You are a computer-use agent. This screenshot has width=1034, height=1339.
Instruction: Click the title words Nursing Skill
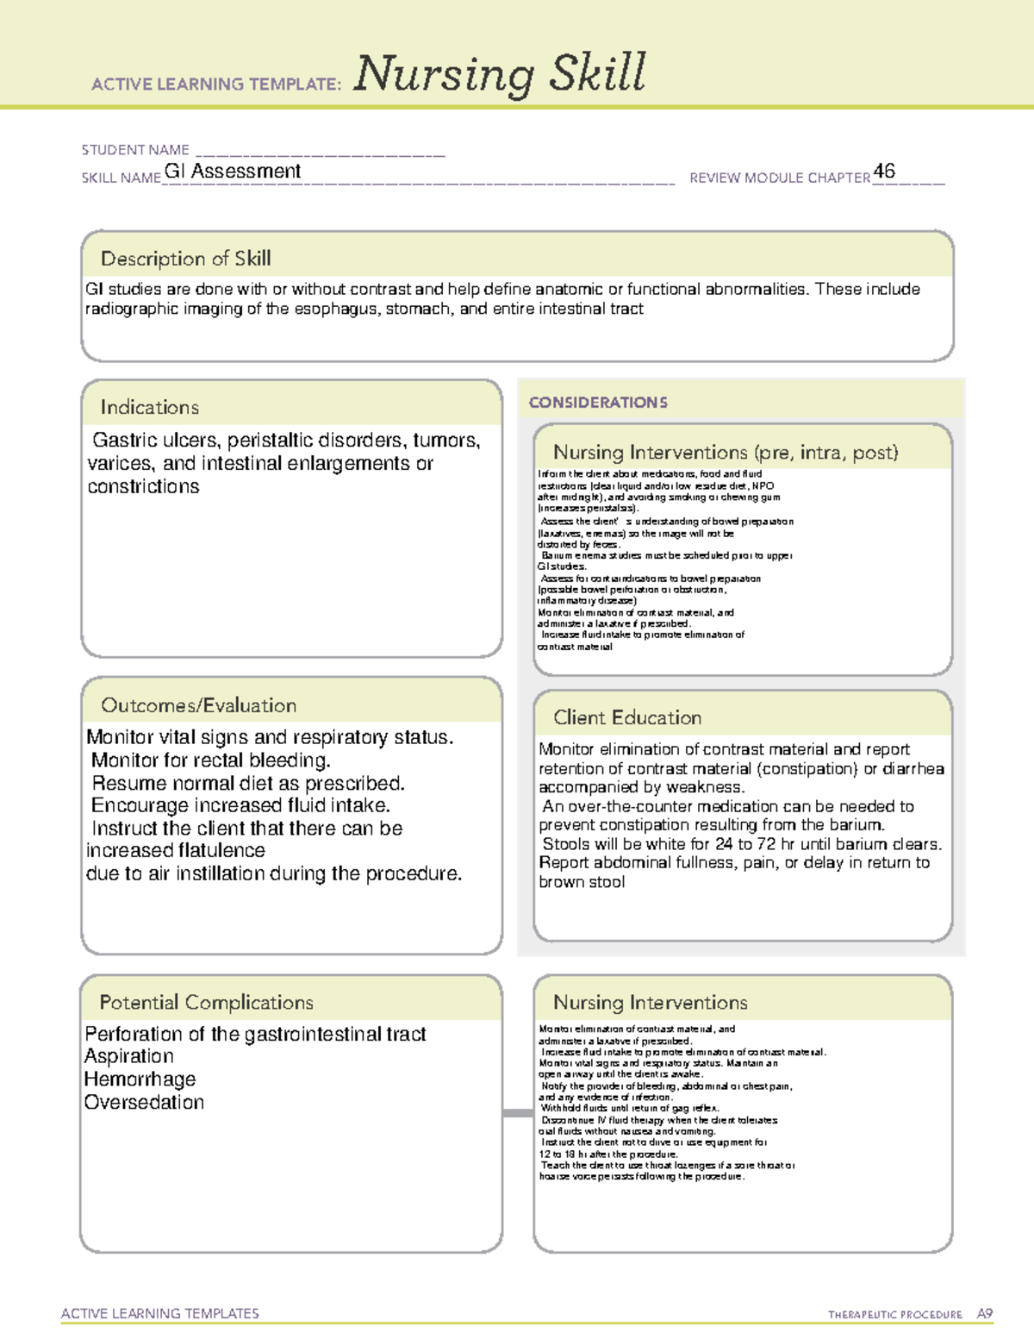point(500,74)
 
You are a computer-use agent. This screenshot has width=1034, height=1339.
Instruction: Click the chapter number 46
point(884,171)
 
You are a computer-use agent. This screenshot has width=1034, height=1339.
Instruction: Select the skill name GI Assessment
point(233,172)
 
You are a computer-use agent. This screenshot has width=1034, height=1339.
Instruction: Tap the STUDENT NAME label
point(135,150)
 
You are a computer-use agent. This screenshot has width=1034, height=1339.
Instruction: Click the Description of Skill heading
point(185,259)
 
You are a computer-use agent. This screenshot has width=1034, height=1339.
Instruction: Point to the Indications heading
point(149,407)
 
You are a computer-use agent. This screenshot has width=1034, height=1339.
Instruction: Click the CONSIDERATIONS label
point(598,403)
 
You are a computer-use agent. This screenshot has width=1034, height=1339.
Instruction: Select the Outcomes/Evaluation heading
point(198,705)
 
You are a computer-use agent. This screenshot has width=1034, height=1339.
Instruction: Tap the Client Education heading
point(627,717)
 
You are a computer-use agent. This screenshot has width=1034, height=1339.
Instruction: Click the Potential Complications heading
point(206,1003)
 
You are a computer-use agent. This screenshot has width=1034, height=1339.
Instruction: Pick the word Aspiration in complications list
point(129,1056)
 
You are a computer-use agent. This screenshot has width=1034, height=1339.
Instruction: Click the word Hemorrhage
point(140,1079)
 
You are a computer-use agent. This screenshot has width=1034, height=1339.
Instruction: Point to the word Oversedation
point(144,1103)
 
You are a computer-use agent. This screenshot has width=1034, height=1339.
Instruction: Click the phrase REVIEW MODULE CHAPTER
point(780,178)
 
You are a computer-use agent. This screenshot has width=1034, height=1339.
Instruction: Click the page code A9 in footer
point(985,1314)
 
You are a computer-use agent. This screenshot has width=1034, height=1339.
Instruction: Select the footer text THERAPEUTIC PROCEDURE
point(894,1315)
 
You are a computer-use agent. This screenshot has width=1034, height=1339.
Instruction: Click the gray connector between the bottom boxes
point(518,1113)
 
